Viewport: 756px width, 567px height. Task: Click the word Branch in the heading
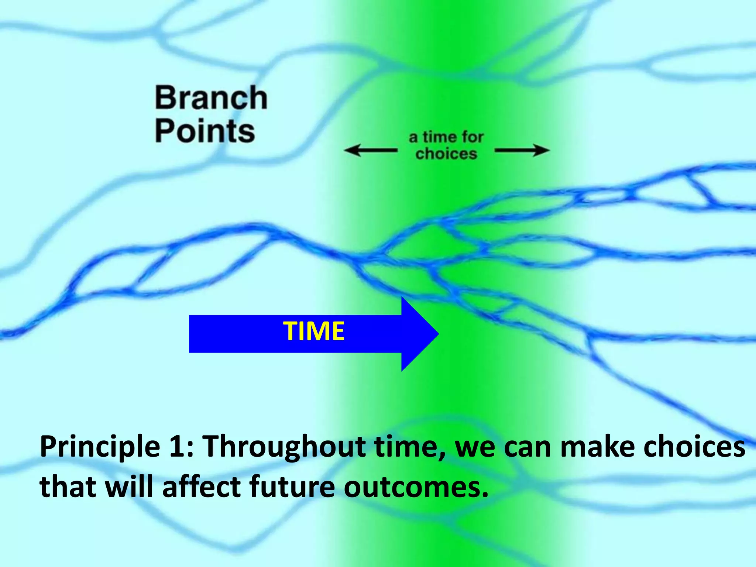pyautogui.click(x=211, y=98)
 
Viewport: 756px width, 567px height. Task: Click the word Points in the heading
pyautogui.click(x=205, y=131)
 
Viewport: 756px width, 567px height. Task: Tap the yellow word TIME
pyautogui.click(x=314, y=331)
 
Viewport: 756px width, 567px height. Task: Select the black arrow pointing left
pyautogui.click(x=370, y=150)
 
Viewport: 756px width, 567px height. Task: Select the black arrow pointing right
pyautogui.click(x=522, y=150)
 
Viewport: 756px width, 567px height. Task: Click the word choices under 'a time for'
pyautogui.click(x=446, y=154)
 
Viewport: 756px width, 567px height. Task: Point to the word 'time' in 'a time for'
pyautogui.click(x=440, y=137)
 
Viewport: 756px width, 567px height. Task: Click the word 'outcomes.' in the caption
pyautogui.click(x=416, y=487)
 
